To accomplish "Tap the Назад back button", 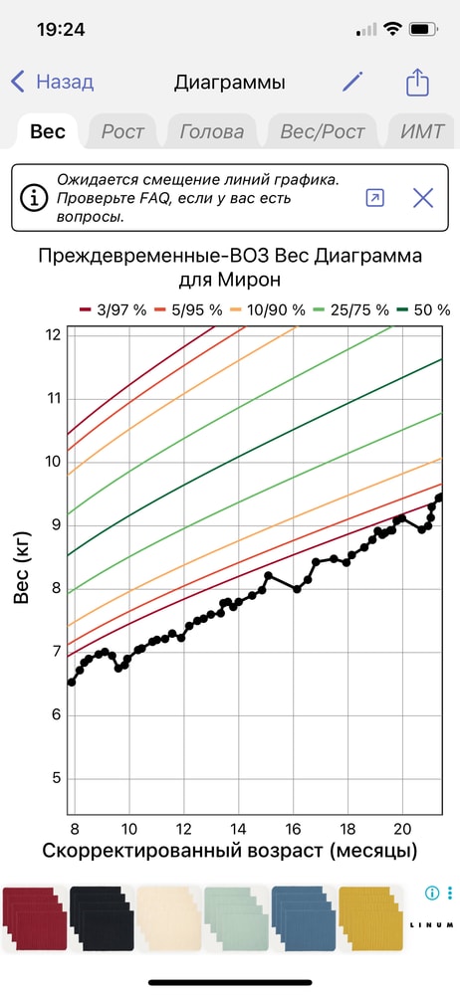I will tap(52, 83).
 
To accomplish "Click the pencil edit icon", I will tap(352, 83).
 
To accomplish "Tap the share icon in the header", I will tap(417, 83).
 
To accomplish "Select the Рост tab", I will tap(122, 131).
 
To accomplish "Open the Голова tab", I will tap(211, 131).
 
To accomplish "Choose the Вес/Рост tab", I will tap(322, 131).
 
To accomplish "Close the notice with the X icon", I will tap(423, 198).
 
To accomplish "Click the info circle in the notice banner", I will tap(36, 198).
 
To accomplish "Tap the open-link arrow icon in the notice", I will tap(374, 198).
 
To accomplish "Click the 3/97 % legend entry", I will tap(113, 310).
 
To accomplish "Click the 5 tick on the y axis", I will tap(56, 778).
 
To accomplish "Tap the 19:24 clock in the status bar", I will tap(61, 29).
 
